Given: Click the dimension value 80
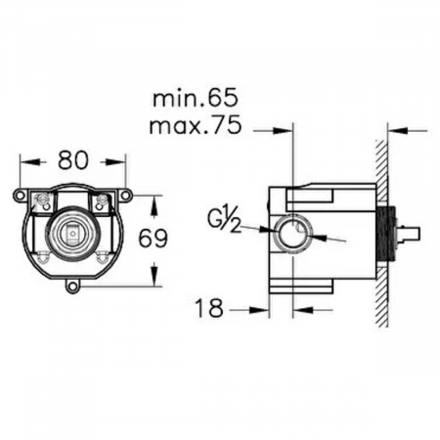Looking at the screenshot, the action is coord(73,160).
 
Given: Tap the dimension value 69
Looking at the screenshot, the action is coord(153,239).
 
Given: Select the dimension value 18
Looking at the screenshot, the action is coord(209,308).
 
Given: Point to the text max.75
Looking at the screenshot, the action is coord(195,125).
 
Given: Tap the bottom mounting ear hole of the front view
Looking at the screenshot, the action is coord(72,287).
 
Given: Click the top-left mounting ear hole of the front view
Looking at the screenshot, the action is coord(21,195).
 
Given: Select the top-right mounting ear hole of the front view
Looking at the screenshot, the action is coord(125,195).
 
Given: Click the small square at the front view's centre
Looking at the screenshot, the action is coord(73,233).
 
